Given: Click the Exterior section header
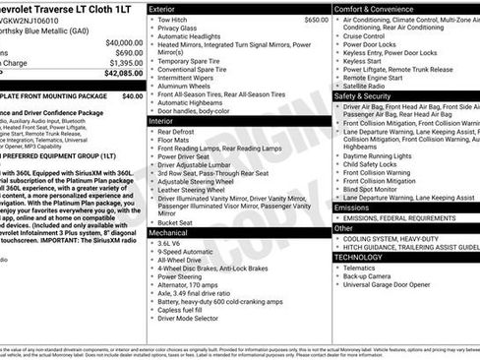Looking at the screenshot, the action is [163, 8].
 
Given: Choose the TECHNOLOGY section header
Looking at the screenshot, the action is [360, 256].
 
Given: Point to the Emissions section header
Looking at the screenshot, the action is [352, 208].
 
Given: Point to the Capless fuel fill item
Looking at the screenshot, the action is [188, 308].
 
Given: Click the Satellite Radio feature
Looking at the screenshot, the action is [372, 86].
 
